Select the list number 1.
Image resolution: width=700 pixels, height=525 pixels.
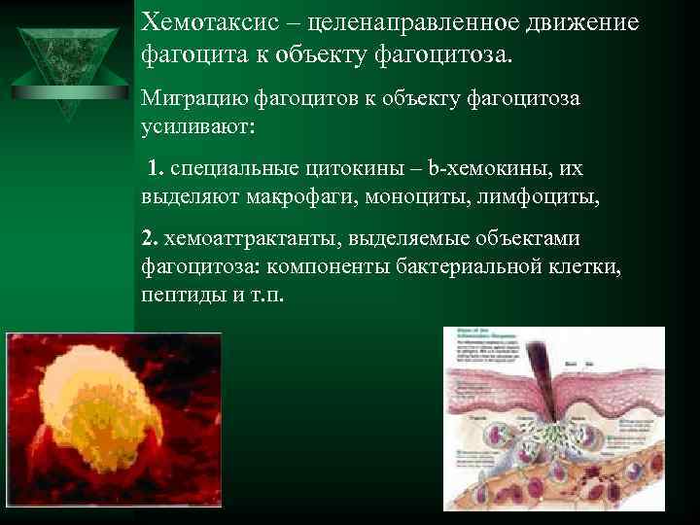coord(156,168)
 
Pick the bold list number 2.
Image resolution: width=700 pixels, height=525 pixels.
coord(148,238)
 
